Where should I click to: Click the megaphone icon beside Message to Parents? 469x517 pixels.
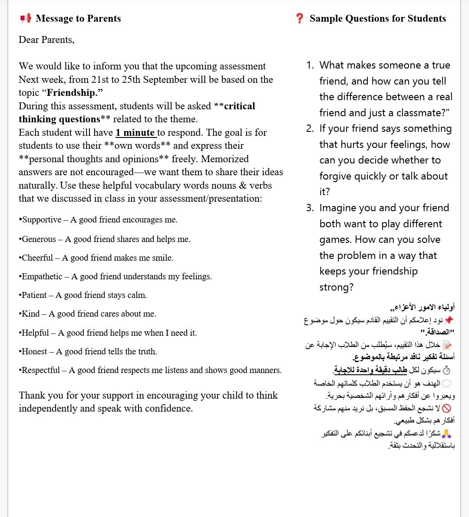coord(26,19)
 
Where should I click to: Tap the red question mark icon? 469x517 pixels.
coord(299,19)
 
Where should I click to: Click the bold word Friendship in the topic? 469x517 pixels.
coord(72,93)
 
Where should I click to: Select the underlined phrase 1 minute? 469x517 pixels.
coord(135,133)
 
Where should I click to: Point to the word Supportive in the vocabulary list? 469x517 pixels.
coord(42,220)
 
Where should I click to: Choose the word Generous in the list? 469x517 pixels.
coord(39,239)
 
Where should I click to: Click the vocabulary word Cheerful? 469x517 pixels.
coord(37,258)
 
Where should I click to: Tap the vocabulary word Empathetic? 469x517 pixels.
coord(42,277)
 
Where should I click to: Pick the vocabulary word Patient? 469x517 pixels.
coord(34,295)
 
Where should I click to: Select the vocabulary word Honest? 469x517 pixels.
coord(34,352)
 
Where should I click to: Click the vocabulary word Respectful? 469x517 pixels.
coord(41,370)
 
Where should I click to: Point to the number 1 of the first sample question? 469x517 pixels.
coord(309,65)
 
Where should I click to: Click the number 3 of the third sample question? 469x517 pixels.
coord(309,208)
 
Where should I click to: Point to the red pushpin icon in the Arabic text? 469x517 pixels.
coord(449,320)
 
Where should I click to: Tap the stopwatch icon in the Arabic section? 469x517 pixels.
coord(446,370)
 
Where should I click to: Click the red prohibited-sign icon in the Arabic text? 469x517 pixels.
coord(446,408)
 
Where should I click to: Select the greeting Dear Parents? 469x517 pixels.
coord(46,40)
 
